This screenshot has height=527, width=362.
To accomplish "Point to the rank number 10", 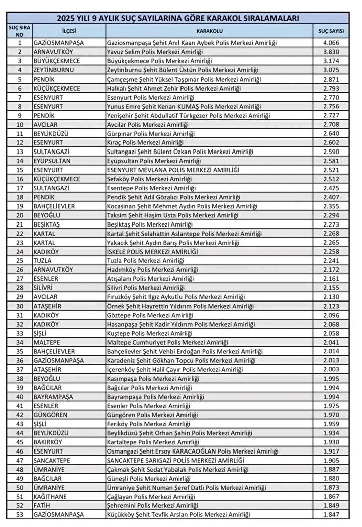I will pos(20,125).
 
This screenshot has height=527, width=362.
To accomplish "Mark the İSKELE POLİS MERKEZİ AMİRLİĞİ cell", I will pos(153,252).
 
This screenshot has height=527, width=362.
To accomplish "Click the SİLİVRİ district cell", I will pos(46,288).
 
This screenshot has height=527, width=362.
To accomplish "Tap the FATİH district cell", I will pos(43,505).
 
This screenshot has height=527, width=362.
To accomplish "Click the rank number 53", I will pos(20,514).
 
